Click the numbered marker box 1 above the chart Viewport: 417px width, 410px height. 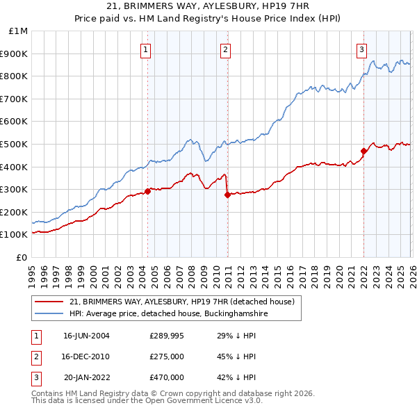[146, 49]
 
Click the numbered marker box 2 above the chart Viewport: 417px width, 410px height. [226, 49]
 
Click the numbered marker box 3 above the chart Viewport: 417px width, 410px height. [362, 49]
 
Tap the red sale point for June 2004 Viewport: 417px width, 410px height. [147, 191]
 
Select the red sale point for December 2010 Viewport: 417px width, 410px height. [227, 195]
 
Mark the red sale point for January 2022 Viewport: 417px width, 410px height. [363, 151]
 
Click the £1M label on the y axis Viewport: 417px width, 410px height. [19, 31]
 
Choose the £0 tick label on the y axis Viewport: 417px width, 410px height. [22, 257]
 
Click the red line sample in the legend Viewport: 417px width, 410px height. [49, 302]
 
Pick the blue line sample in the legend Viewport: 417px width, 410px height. [49, 314]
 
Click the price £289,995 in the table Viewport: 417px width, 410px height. [166, 335]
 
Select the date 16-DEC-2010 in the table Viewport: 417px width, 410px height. [86, 356]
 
